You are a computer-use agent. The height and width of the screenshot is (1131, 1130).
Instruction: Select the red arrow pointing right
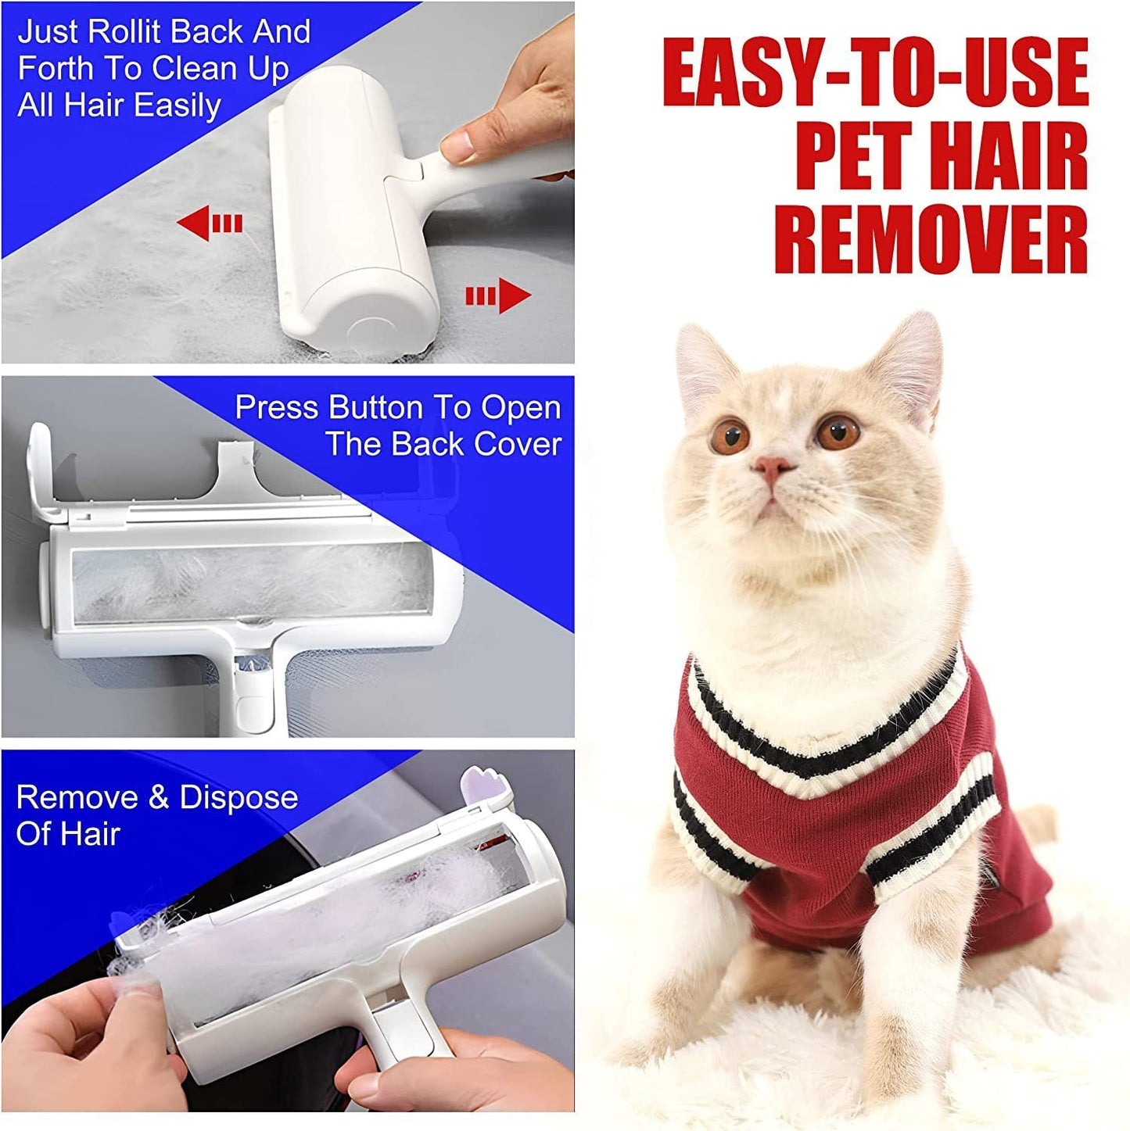pyautogui.click(x=498, y=296)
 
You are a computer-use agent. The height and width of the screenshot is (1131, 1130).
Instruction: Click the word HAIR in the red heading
pyautogui.click(x=1017, y=153)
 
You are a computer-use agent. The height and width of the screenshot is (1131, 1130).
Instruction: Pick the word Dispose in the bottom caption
pyautogui.click(x=239, y=797)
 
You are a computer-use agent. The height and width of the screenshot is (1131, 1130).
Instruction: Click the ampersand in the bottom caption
pyautogui.click(x=159, y=797)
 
